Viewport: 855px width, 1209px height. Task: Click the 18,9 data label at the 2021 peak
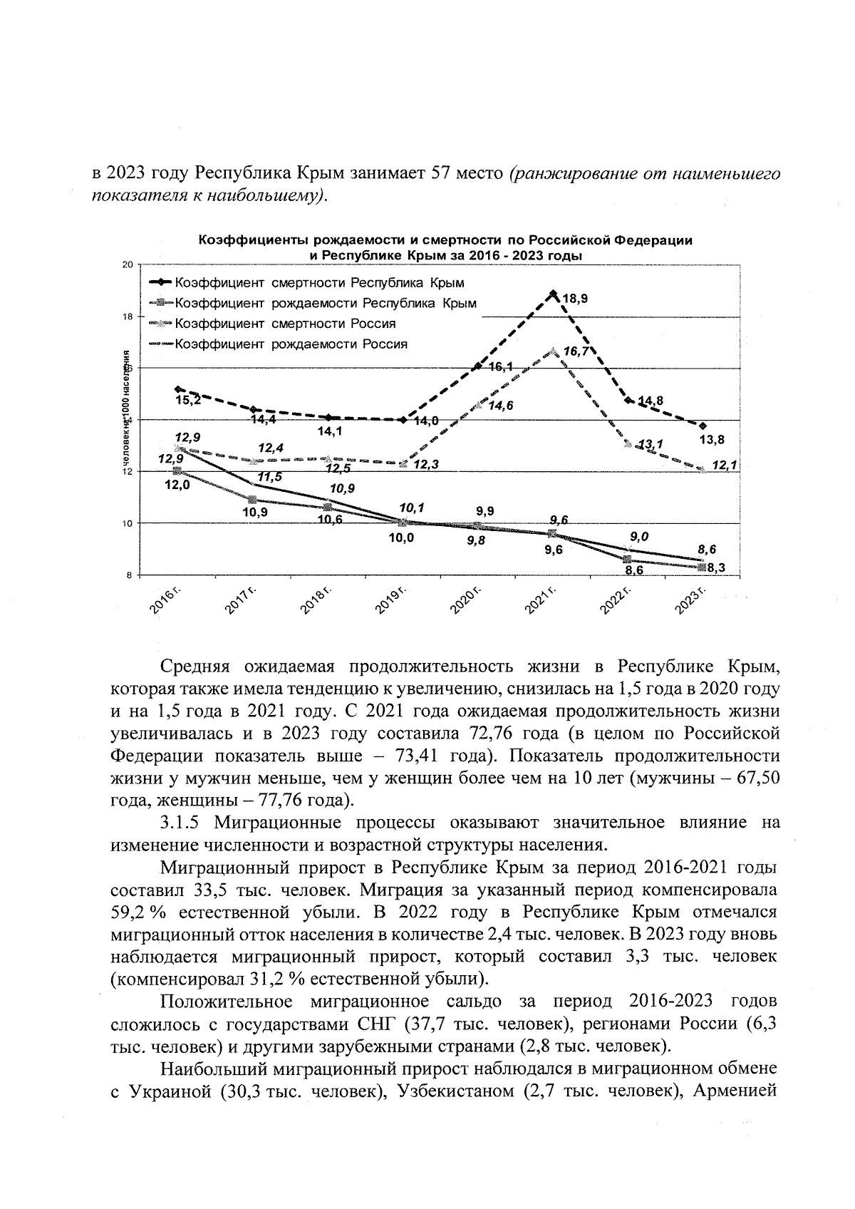(576, 299)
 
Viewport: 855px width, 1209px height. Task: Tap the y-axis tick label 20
(128, 265)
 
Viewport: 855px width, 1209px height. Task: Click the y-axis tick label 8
(130, 575)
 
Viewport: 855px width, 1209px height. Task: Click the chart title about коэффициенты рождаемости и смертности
(445, 247)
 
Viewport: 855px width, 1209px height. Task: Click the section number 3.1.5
(182, 823)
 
